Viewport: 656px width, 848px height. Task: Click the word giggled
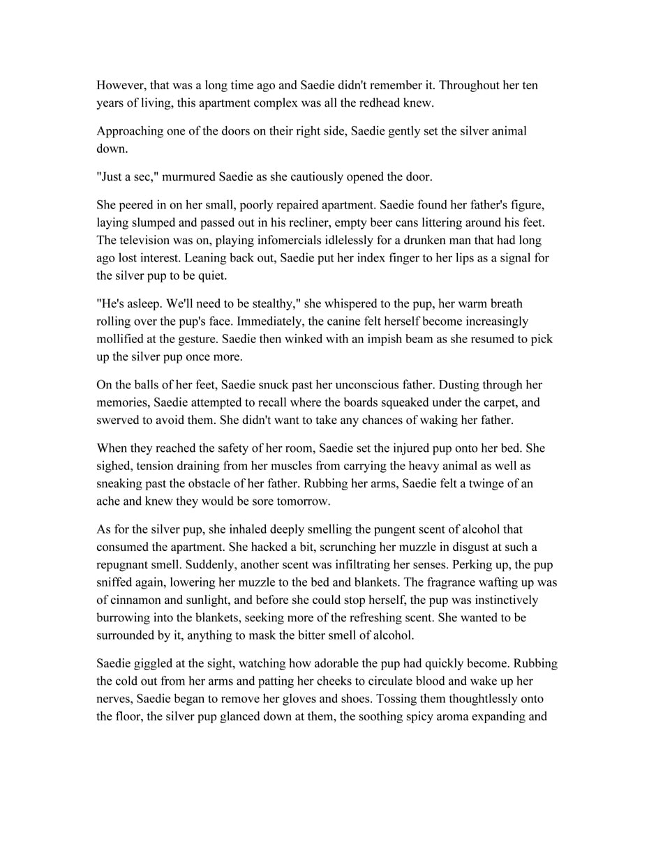coord(156,663)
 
